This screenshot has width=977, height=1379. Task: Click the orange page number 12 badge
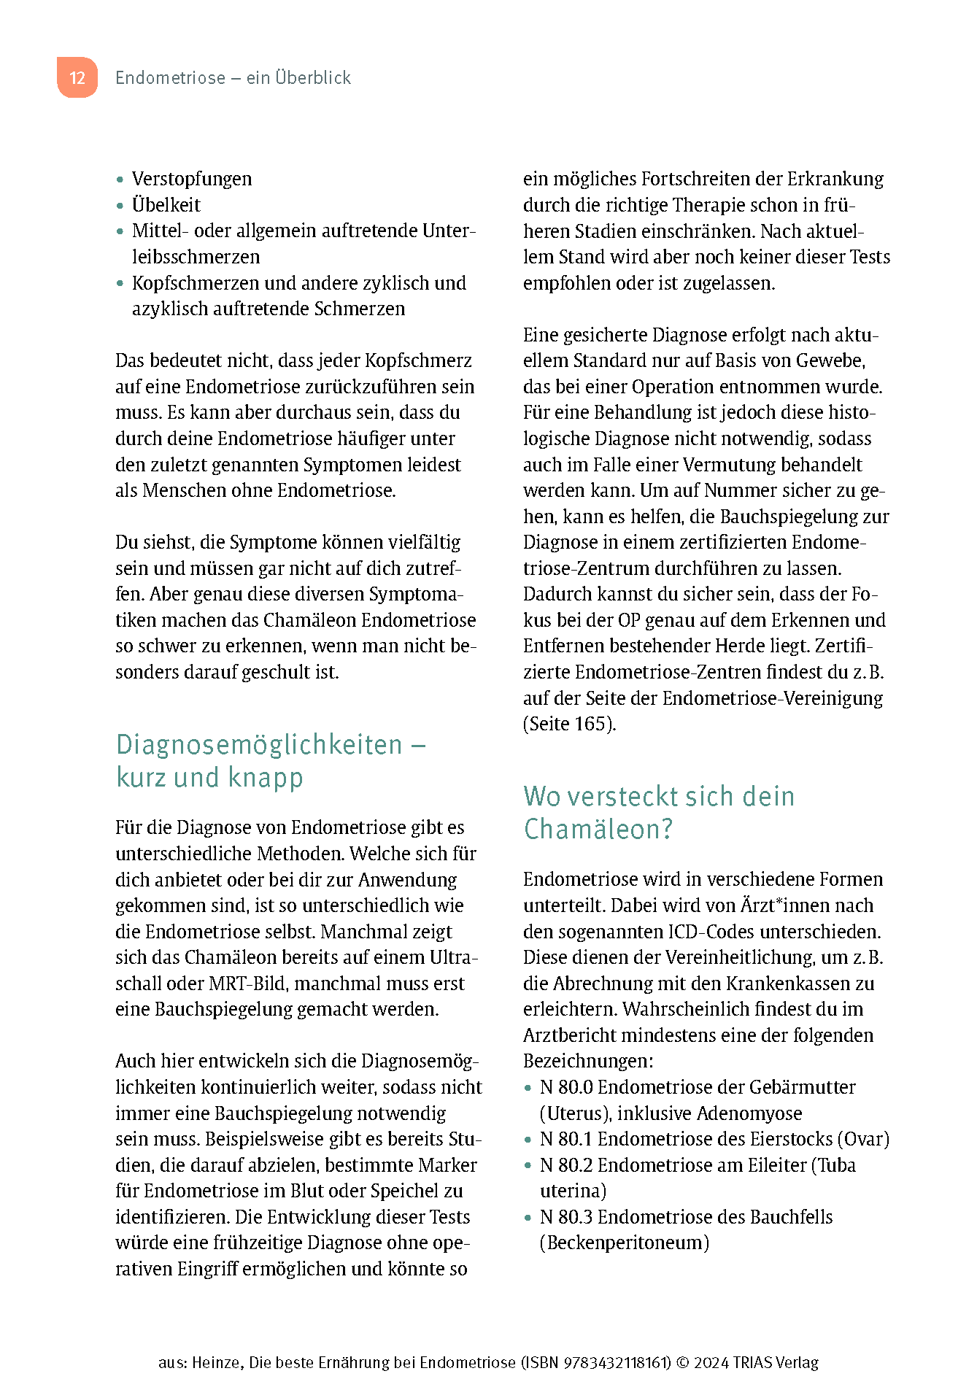(77, 78)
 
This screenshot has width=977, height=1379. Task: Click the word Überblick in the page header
(313, 77)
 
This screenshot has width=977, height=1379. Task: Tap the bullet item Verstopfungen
(191, 179)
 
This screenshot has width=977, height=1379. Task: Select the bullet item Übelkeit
(166, 205)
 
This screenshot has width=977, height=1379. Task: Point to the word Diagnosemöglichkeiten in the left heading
(259, 745)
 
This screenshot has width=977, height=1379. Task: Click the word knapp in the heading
(266, 778)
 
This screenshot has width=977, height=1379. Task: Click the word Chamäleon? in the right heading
(598, 830)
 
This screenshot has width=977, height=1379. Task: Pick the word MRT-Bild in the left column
(248, 984)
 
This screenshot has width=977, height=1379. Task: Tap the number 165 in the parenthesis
(591, 724)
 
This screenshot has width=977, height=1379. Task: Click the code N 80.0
(565, 1087)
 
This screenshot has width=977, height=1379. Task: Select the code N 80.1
(565, 1139)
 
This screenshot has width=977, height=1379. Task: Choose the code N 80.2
(565, 1165)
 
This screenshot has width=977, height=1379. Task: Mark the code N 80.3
(565, 1217)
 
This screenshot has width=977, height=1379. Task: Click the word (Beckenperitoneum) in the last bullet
(625, 1243)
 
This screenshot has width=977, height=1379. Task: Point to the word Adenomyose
(749, 1113)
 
